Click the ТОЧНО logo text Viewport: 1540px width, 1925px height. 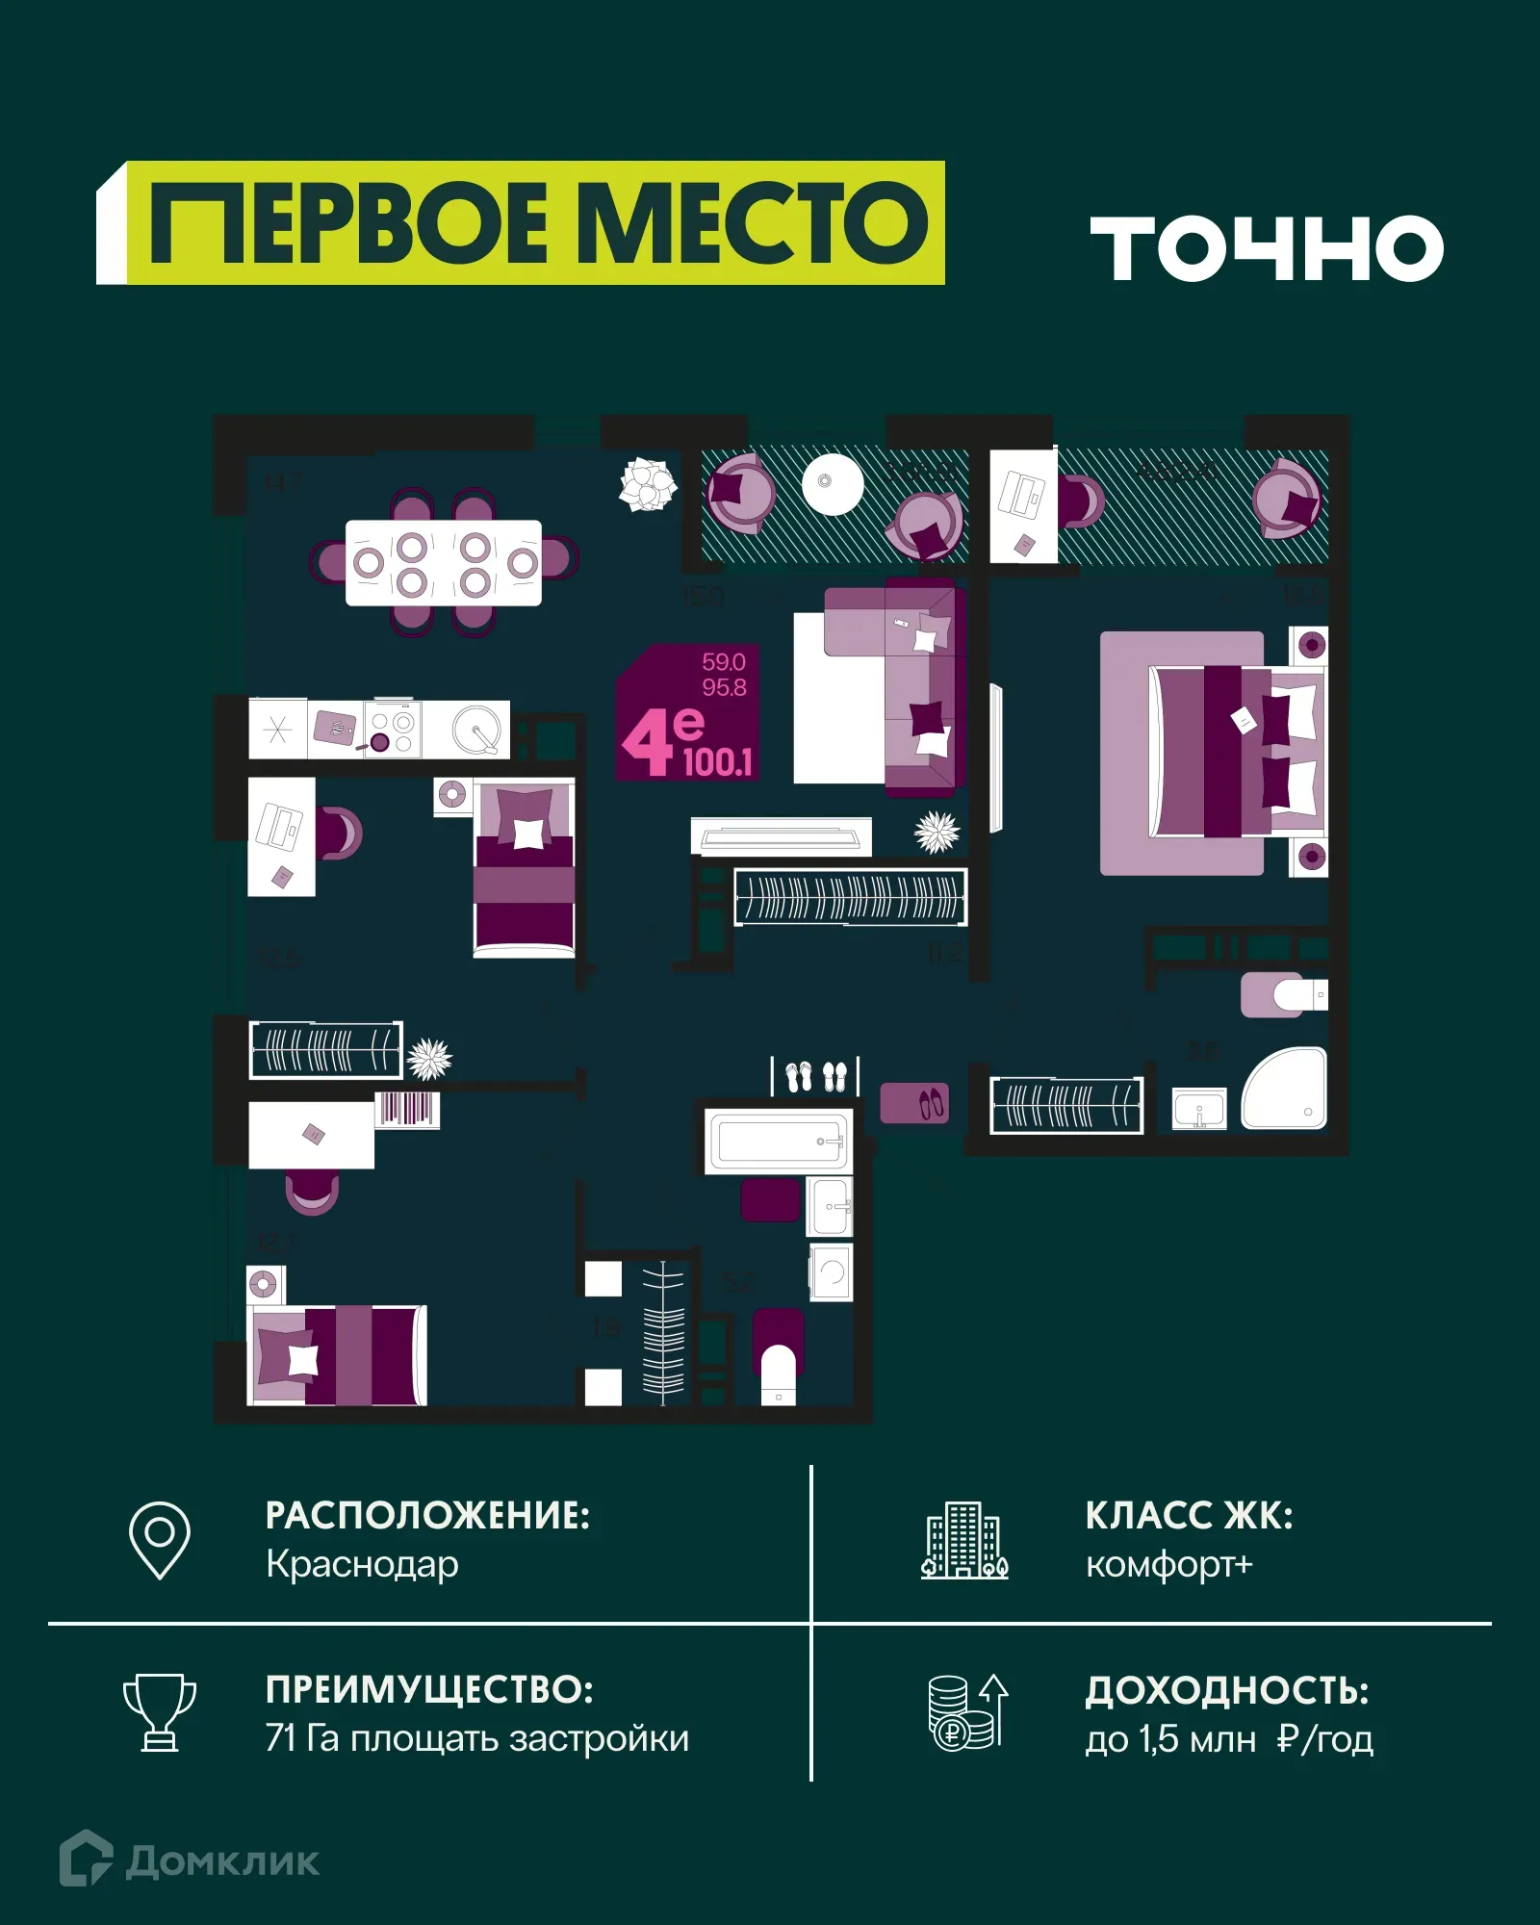coord(1267,248)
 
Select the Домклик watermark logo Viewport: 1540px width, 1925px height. coord(190,1861)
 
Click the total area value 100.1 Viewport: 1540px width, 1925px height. coord(717,762)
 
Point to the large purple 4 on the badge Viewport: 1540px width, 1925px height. coord(647,742)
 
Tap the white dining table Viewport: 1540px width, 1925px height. coord(443,563)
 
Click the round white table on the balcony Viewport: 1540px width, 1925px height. coord(833,482)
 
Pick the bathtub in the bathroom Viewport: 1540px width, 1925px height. coord(778,1142)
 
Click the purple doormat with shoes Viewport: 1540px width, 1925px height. coord(914,1103)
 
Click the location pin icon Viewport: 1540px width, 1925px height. coord(160,1539)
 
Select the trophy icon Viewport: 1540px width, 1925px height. coord(160,1712)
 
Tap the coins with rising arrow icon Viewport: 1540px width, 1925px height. coord(967,1712)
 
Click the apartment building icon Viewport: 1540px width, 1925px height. coord(964,1540)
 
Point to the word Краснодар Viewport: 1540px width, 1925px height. coord(362,1564)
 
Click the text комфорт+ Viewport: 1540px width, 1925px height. coord(1168,1564)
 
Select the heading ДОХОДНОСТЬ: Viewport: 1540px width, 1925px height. coord(1226,1691)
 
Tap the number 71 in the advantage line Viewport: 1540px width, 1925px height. coord(280,1738)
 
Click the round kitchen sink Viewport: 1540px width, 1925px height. coord(476,730)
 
